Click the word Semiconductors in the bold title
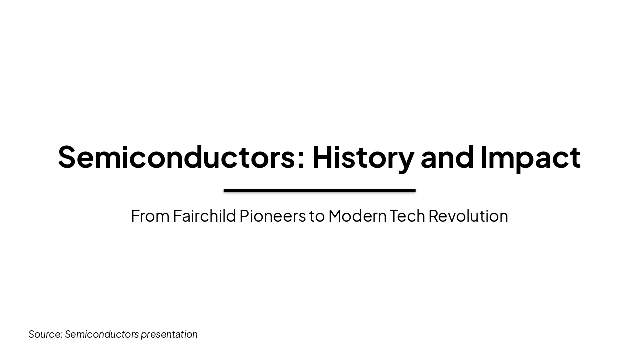[x=176, y=157]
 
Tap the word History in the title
[x=363, y=157]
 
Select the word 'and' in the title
[x=447, y=157]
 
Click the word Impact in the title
[x=530, y=157]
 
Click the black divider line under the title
[x=320, y=190]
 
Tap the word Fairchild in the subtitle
[x=204, y=216]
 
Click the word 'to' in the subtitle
[x=317, y=216]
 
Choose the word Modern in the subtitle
[x=357, y=216]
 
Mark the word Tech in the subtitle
[x=407, y=216]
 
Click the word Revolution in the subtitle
[x=468, y=216]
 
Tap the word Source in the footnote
[x=44, y=334]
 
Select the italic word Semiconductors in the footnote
[x=102, y=334]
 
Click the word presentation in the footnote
[x=169, y=334]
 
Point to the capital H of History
[x=323, y=157]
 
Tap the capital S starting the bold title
[x=68, y=157]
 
